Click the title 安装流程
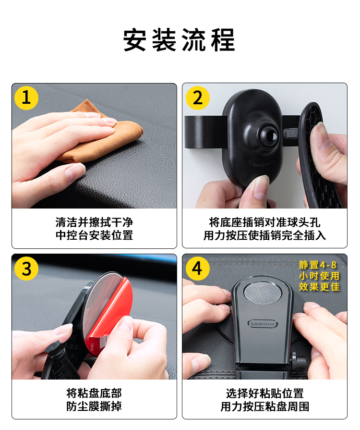(179, 40)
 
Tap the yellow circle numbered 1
(26, 98)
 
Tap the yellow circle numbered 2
(198, 98)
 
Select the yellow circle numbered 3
(26, 269)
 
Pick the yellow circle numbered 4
(198, 269)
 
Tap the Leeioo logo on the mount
(263, 324)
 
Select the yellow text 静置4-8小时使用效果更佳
(319, 276)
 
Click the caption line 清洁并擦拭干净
(94, 222)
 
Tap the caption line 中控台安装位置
(94, 235)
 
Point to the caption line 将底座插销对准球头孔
(264, 222)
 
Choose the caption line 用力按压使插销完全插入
(264, 235)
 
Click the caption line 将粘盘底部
(94, 393)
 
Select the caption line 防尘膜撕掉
(94, 406)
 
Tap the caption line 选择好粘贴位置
(264, 393)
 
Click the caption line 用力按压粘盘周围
(264, 406)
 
